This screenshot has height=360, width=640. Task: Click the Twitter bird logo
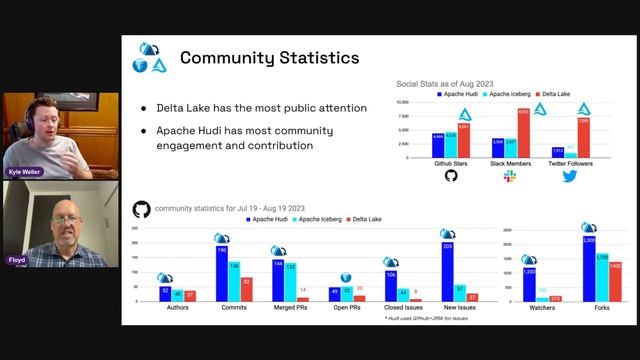(x=569, y=176)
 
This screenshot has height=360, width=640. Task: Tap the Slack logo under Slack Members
(x=509, y=176)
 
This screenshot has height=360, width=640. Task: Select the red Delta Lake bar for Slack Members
(x=523, y=134)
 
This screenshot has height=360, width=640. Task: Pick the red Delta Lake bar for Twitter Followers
(x=583, y=138)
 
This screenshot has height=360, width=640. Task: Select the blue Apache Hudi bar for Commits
(x=220, y=273)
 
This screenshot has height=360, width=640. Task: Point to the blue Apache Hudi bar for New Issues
(x=447, y=271)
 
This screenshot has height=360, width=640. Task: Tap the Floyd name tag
(x=16, y=260)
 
